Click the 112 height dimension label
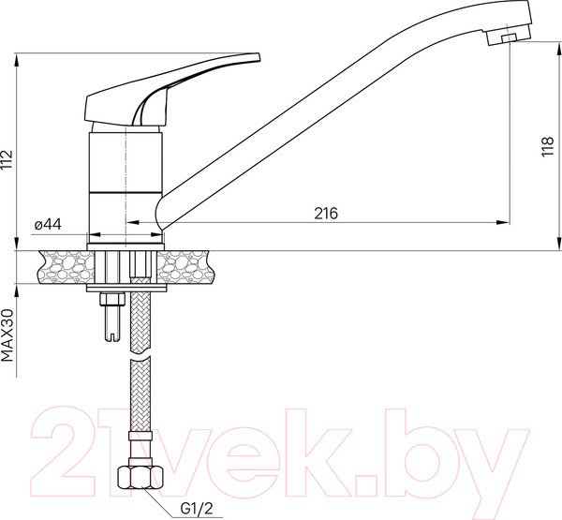[x=8, y=161]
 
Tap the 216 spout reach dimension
[x=325, y=214]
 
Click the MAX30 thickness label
[x=8, y=336]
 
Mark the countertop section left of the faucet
[x=61, y=268]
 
